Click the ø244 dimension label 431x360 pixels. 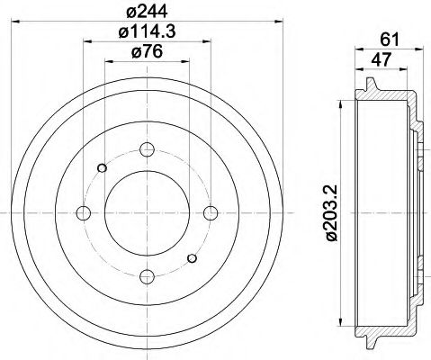coord(148,11)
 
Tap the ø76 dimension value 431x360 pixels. coord(148,52)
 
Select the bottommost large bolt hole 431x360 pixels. coord(148,275)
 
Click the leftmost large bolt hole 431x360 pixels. coord(84,212)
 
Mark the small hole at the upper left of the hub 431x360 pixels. coord(103,167)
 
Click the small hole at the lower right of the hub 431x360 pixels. coord(193,258)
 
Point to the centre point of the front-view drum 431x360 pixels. coord(148,212)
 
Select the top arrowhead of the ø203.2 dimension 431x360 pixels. coord(341,105)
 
